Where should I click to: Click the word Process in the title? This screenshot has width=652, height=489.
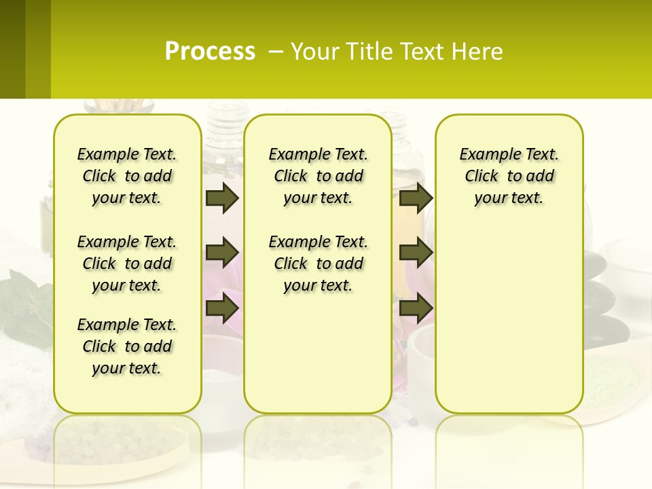pos(210,52)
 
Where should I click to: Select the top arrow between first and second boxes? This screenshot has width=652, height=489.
pos(222,198)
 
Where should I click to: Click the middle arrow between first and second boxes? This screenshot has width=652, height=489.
pos(222,253)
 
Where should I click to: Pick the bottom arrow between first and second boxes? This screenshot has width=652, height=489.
pos(222,308)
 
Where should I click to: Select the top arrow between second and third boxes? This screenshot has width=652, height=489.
pos(416,198)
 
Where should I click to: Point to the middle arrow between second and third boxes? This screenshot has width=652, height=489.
pos(416,253)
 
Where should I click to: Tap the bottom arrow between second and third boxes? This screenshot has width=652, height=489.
pos(416,308)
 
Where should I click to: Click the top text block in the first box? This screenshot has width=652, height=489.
pos(127,176)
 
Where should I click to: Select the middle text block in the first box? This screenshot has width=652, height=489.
pos(127,264)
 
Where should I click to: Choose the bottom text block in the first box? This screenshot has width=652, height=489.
pos(127,346)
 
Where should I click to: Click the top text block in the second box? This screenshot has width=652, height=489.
pos(318,176)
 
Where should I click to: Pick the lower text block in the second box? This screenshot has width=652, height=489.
pos(318,264)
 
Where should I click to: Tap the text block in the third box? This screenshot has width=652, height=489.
pos(509,176)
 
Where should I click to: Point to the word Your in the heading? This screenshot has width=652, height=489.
pos(316,52)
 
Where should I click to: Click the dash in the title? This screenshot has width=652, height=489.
pos(276,52)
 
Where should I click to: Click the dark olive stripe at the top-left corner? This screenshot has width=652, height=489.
pos(12,49)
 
